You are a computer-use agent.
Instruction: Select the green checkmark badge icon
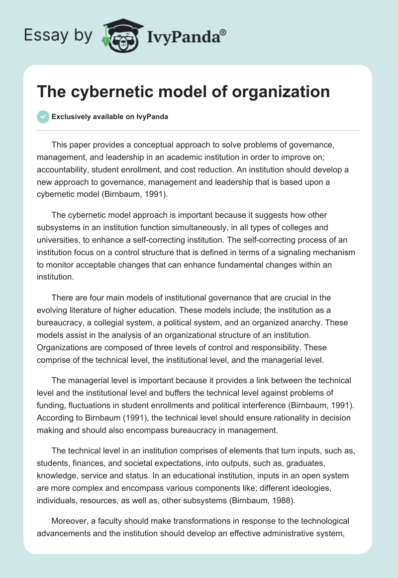(43, 117)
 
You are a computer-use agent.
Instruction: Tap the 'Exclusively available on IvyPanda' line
(109, 117)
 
